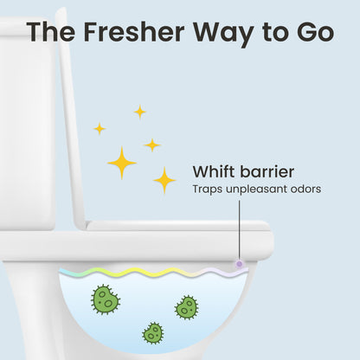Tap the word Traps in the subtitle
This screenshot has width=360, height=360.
[x=206, y=189]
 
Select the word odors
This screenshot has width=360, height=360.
[x=306, y=189]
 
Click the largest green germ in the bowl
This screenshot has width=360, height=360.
[x=106, y=299]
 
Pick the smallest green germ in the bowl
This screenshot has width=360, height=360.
[x=153, y=331]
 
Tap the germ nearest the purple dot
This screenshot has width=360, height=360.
[x=186, y=306]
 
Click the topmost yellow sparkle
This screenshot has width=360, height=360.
[x=139, y=112]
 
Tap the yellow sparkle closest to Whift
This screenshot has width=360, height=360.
[x=164, y=180]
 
